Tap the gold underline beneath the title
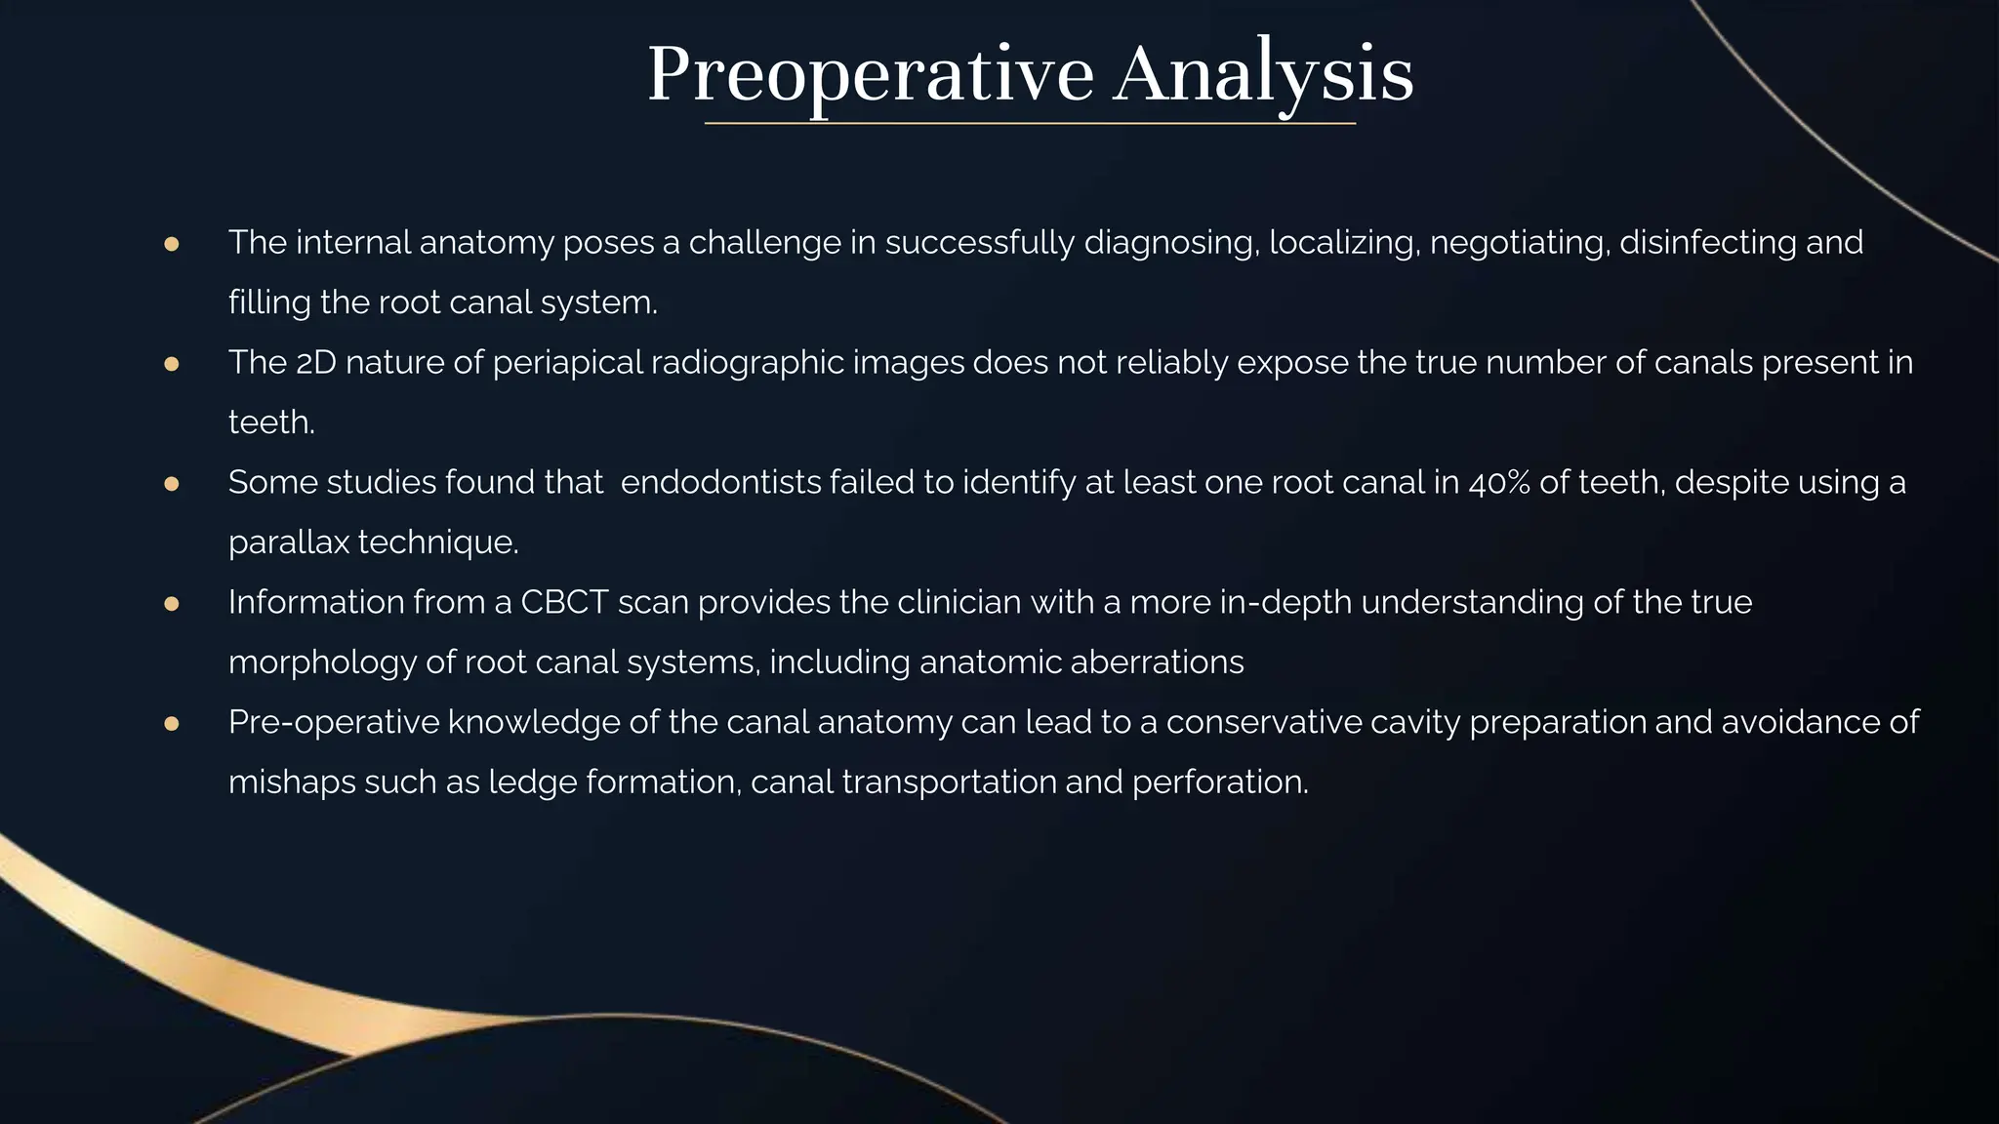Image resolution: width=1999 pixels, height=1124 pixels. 1030,124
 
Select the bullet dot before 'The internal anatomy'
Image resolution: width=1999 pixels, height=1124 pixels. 172,244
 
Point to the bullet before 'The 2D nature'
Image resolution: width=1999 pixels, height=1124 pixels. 172,364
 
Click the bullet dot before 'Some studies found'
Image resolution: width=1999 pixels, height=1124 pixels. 172,484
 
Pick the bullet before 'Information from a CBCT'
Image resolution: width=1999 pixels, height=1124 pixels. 172,604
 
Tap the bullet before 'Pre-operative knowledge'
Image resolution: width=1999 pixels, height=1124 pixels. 172,724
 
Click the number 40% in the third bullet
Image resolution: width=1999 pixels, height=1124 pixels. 1499,483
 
